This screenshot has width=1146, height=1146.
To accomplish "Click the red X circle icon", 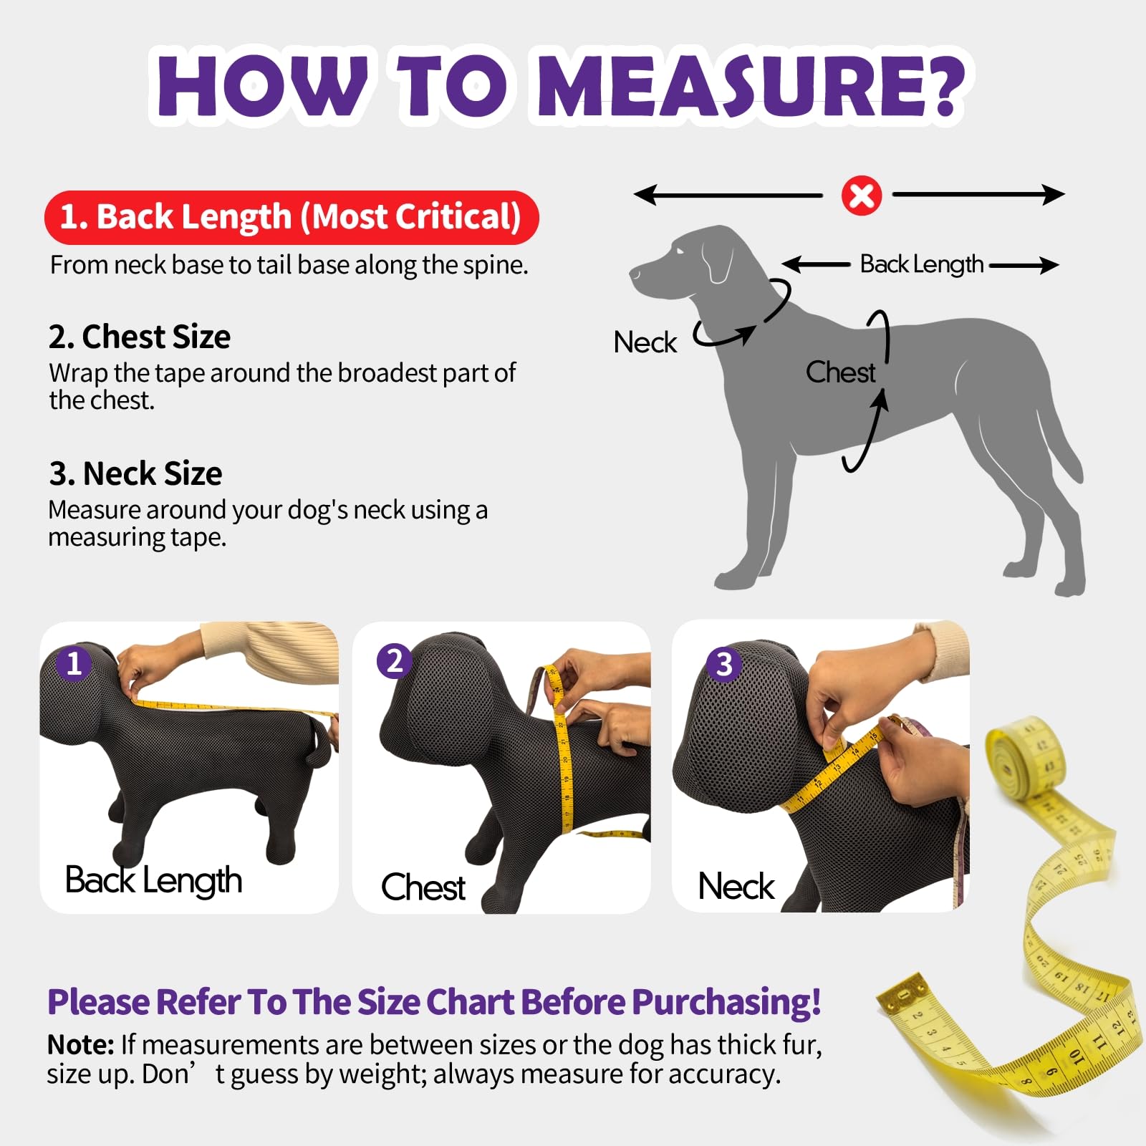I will [x=861, y=196].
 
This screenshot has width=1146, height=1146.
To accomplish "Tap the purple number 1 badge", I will [x=74, y=663].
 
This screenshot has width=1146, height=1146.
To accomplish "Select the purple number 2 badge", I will [x=395, y=660].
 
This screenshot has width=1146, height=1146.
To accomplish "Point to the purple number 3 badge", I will [x=724, y=664].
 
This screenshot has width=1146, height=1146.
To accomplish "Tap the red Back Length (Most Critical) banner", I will [x=291, y=217].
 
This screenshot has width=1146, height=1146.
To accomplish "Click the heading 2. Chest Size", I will [x=140, y=337].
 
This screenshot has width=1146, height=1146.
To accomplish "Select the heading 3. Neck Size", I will [x=135, y=473].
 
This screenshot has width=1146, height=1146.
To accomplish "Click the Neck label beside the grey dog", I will [x=645, y=342].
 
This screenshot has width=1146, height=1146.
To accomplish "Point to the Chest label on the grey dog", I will [x=839, y=372].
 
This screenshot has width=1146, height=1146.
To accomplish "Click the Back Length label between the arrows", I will [x=921, y=264].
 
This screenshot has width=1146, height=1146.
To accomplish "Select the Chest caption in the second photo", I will [x=423, y=887].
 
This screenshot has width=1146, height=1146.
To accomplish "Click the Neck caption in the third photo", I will [x=736, y=886].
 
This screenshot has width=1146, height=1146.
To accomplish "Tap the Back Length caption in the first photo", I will [x=153, y=880].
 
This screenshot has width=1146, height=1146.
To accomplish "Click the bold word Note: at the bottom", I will [x=80, y=1044].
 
